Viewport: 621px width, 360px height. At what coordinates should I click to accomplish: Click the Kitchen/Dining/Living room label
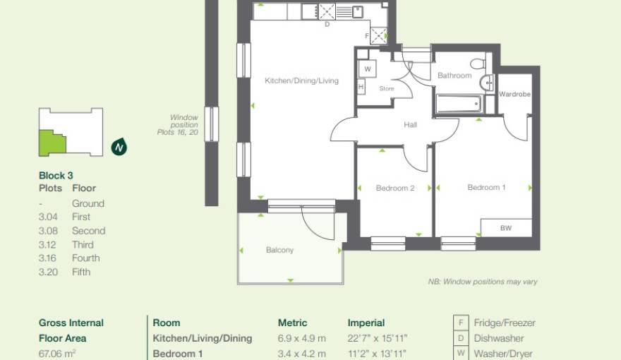click(301, 81)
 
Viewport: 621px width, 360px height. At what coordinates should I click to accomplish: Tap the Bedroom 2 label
click(394, 188)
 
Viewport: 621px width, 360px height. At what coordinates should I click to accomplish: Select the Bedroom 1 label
click(486, 188)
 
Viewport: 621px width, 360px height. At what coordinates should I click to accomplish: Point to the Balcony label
click(279, 250)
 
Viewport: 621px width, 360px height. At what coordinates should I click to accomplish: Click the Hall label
click(410, 125)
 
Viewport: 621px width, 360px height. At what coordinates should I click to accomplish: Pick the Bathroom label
click(454, 76)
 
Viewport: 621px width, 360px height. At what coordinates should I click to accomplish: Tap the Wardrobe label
click(514, 95)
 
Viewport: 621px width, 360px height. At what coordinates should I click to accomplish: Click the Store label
click(386, 89)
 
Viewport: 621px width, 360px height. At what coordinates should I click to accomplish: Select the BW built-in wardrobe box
click(506, 228)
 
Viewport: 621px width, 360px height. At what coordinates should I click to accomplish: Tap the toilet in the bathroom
click(480, 64)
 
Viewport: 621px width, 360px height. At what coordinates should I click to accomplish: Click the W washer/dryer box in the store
click(368, 69)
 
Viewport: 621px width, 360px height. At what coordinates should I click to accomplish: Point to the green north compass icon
click(119, 148)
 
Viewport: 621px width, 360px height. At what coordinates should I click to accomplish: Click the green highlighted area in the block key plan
click(51, 143)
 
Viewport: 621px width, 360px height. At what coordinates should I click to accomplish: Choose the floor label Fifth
click(81, 272)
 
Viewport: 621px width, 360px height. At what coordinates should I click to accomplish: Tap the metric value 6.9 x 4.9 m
click(301, 338)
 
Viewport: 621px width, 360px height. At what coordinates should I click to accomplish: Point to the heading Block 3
click(56, 175)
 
